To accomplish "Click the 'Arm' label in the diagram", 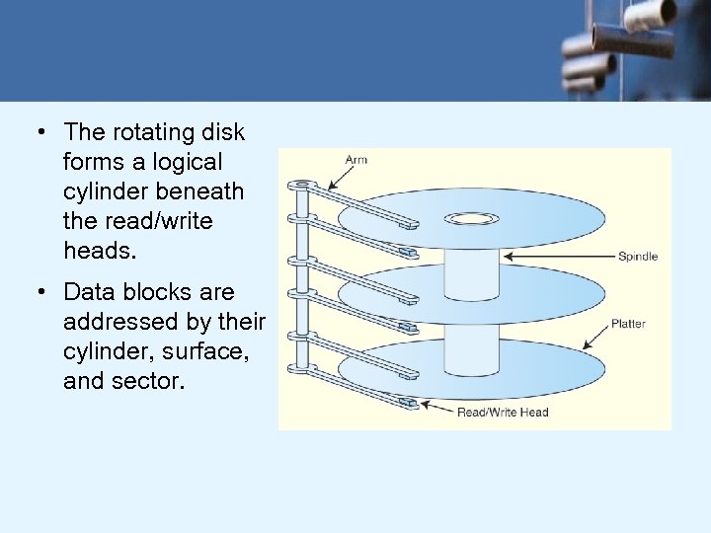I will (x=355, y=159).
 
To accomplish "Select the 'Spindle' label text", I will (x=637, y=257).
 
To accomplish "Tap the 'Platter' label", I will (x=628, y=323).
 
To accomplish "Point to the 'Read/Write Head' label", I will (x=502, y=412).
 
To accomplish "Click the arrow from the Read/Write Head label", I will (x=434, y=407).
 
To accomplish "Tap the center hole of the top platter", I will (x=471, y=218).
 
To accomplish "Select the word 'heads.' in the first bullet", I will (x=97, y=251).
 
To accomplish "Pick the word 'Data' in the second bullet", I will (x=86, y=292).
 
